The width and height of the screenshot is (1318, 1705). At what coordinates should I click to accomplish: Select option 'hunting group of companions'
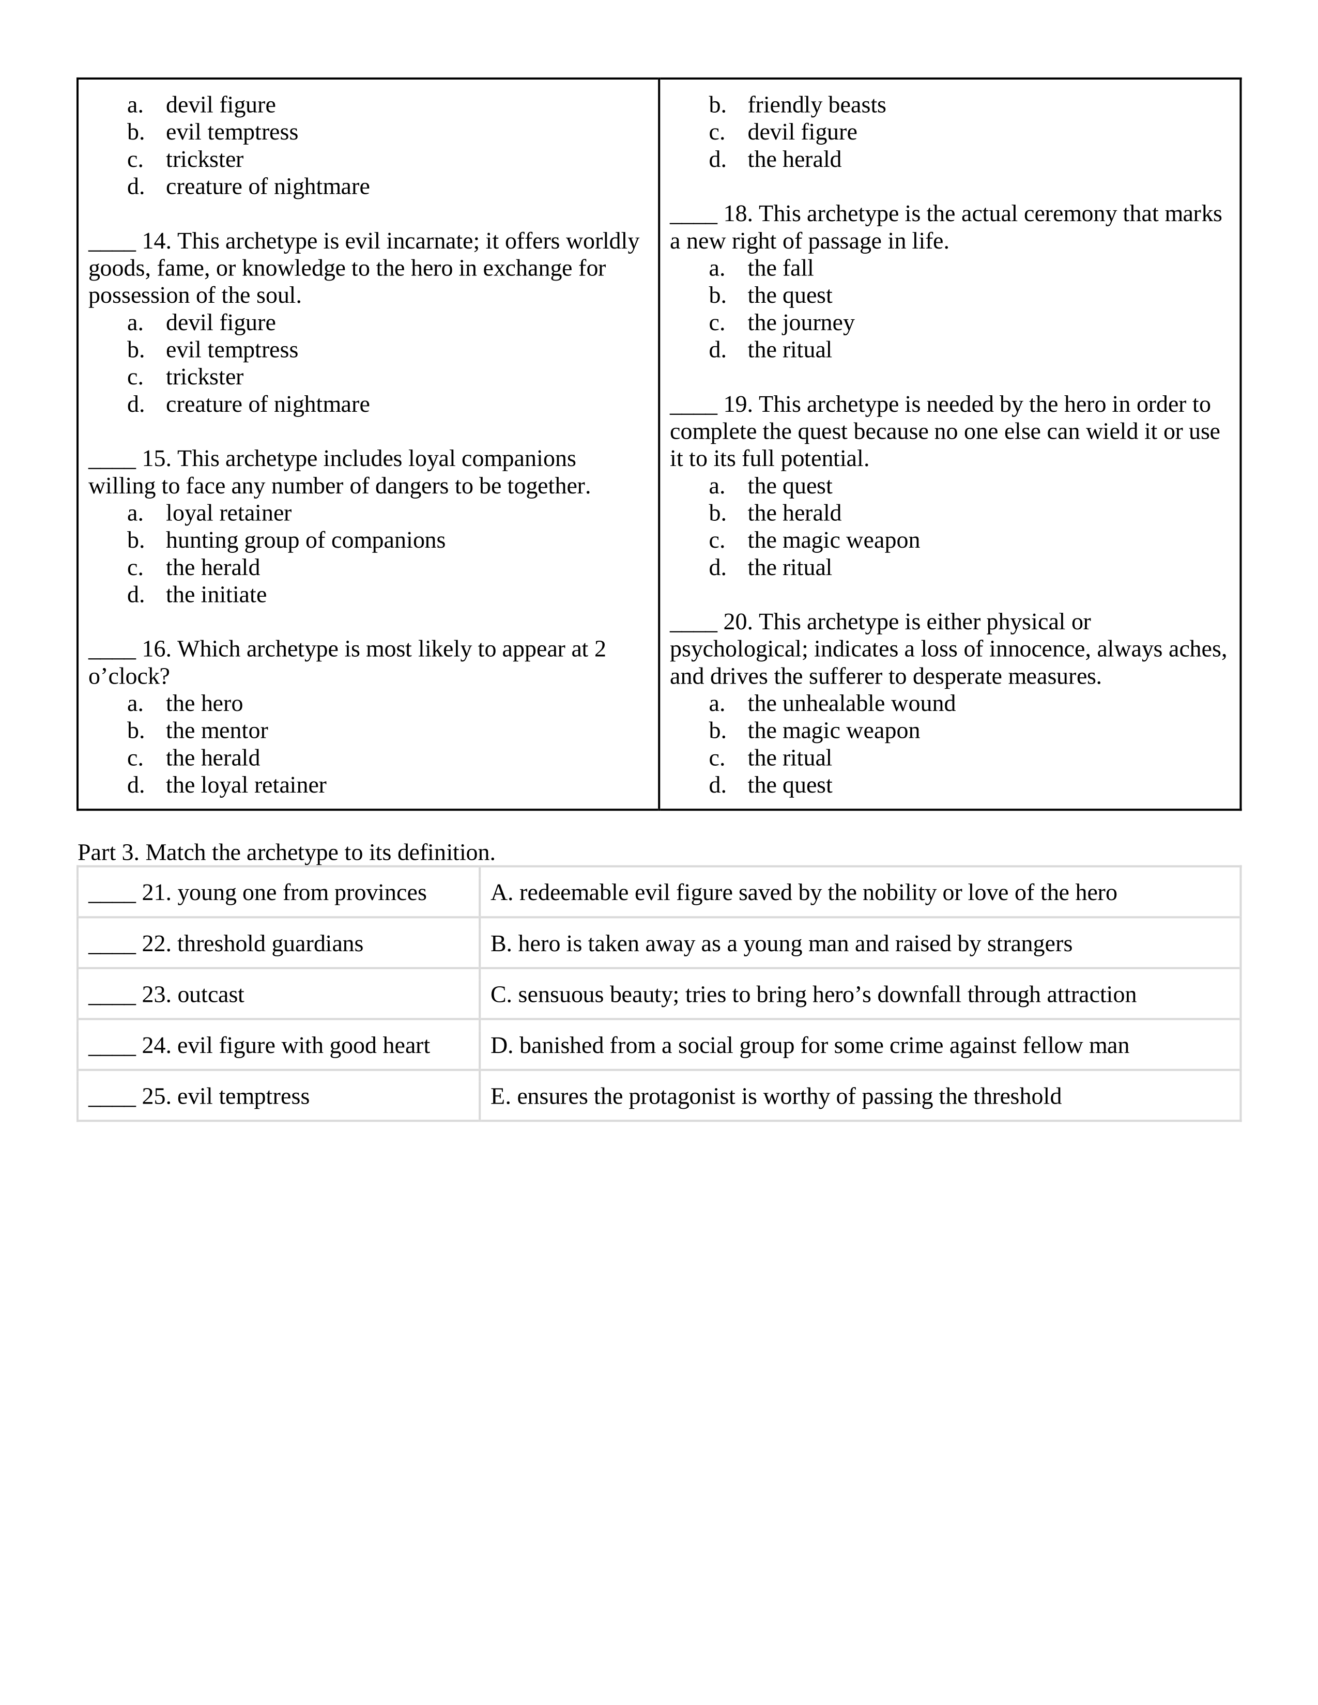coord(305,540)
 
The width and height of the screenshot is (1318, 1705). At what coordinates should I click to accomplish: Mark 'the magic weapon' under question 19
coord(833,540)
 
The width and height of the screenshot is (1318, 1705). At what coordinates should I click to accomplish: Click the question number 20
coord(737,622)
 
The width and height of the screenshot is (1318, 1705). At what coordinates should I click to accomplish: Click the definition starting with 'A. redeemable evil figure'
coord(803,892)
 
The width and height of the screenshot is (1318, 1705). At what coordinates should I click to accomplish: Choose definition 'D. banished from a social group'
coord(809,1045)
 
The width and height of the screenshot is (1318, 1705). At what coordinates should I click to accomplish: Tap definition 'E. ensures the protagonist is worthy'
coord(775,1096)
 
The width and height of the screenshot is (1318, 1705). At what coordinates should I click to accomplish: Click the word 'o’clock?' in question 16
coord(129,677)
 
